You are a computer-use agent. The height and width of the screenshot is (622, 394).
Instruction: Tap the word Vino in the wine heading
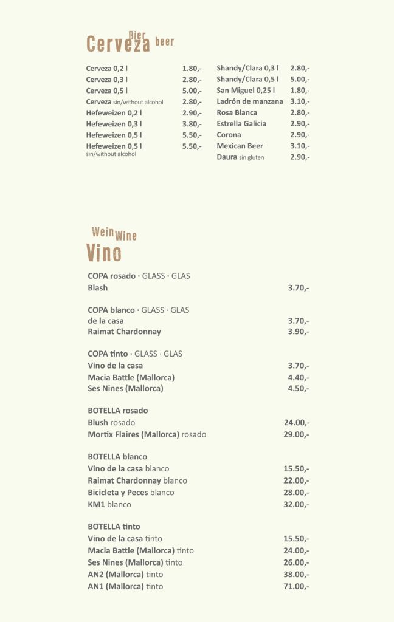[x=103, y=252]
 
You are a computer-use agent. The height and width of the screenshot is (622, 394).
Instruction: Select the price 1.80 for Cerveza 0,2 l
[x=192, y=69]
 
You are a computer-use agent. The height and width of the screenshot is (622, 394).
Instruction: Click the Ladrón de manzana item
[x=250, y=101]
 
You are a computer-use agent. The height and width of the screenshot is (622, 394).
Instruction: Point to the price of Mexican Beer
[x=300, y=146]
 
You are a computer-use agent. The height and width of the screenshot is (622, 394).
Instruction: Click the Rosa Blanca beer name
[x=237, y=112]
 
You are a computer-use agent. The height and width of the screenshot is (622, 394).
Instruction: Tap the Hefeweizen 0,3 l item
[x=114, y=124]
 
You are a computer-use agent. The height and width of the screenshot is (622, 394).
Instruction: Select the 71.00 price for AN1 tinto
[x=297, y=586]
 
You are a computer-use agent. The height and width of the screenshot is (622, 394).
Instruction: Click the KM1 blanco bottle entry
[x=109, y=504]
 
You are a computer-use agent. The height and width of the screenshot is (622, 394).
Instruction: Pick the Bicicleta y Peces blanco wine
[x=131, y=492]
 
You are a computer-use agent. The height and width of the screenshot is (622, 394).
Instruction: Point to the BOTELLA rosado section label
[x=117, y=411]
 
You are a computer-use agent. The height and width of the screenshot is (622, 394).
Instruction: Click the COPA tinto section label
[x=135, y=354]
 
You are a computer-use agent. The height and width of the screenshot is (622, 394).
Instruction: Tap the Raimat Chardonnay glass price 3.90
[x=298, y=332]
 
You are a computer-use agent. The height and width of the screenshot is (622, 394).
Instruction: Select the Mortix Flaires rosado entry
[x=147, y=434]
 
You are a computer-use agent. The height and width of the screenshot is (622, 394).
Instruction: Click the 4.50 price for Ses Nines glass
[x=298, y=388]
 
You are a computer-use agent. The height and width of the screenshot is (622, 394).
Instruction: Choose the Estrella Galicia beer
[x=241, y=123]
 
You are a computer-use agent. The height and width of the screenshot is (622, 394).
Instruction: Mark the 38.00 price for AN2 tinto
[x=297, y=574]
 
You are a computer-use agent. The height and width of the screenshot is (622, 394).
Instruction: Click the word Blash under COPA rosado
[x=97, y=287]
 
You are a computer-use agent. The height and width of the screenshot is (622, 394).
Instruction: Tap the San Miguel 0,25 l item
[x=246, y=91]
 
